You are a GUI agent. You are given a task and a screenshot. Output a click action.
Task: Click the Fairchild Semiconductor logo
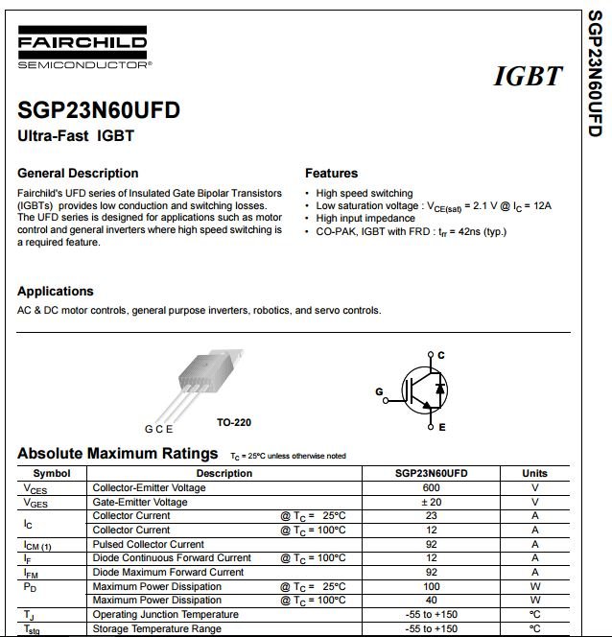tap(82, 50)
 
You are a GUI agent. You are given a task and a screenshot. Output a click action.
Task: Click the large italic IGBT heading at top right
tap(527, 76)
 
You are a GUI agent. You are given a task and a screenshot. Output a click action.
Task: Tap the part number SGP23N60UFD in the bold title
tap(99, 110)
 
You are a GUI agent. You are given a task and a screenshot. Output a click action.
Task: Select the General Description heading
tap(78, 174)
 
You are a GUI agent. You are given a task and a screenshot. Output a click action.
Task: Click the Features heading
tap(331, 174)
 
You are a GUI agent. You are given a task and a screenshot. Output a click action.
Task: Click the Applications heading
tap(56, 292)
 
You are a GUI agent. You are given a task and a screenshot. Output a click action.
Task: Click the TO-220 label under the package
tap(234, 422)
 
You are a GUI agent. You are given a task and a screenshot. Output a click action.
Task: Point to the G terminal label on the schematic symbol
tap(379, 391)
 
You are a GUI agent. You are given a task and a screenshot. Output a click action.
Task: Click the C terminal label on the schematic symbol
tap(441, 356)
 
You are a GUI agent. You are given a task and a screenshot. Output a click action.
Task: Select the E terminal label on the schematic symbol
tap(441, 427)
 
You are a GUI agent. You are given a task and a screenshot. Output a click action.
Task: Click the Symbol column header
tap(52, 473)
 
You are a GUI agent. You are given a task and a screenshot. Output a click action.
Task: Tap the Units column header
tap(534, 473)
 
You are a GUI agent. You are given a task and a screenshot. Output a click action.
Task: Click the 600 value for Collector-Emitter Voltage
tap(431, 487)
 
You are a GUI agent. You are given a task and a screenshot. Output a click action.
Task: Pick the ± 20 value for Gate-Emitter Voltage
tap(431, 502)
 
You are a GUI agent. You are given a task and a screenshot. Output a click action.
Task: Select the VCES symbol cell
tap(35, 488)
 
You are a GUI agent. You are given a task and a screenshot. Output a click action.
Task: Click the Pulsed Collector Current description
tap(149, 544)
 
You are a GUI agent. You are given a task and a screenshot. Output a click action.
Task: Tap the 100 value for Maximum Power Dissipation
tap(431, 586)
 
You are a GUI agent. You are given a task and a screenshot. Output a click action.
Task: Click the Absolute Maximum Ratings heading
tap(118, 453)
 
